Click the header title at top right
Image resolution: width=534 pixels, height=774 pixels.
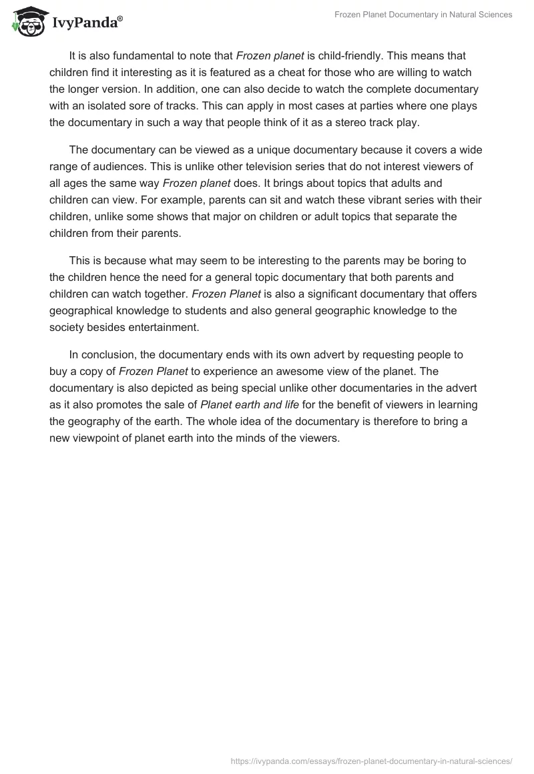tap(423, 15)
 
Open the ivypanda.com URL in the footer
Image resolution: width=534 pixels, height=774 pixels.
tap(371, 760)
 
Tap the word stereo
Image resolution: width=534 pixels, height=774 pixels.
tap(366, 122)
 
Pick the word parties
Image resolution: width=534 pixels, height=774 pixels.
tap(345, 105)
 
